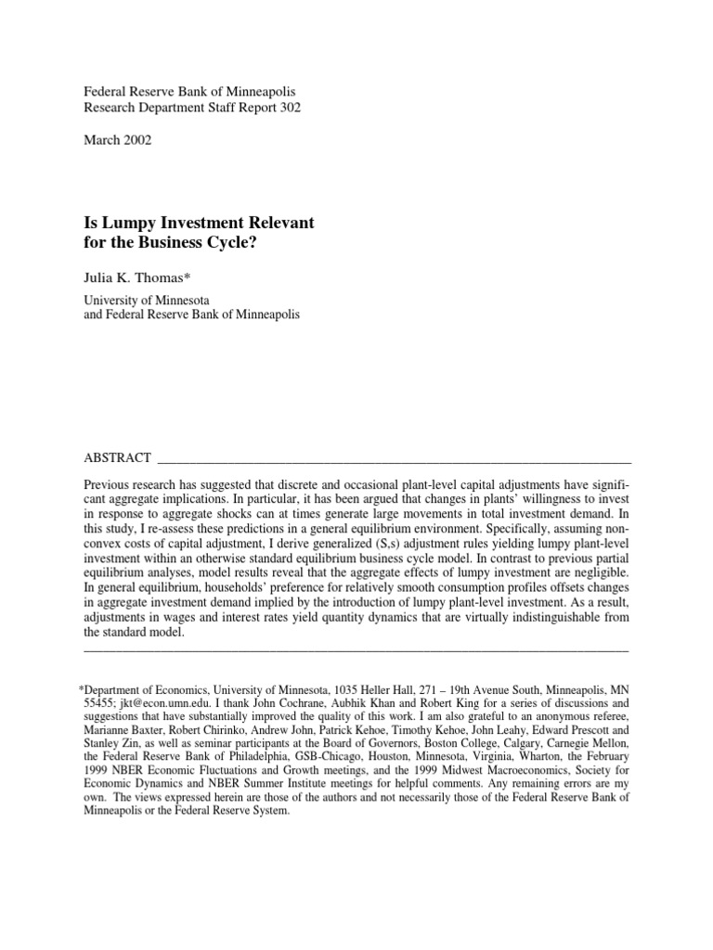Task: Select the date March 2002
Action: coord(118,140)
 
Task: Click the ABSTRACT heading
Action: coord(117,457)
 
